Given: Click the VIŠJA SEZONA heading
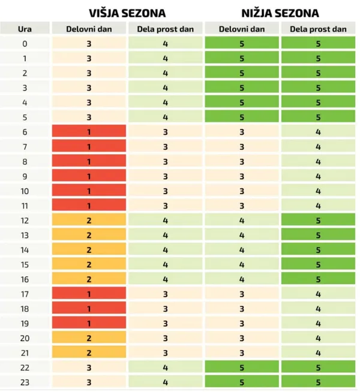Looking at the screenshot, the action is pos(127,13).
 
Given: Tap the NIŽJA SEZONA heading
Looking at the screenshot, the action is pos(280,13).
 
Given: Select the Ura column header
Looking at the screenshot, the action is pos(25,29).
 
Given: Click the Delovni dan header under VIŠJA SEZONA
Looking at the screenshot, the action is pos(89,29).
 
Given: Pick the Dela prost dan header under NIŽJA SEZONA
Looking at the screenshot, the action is pos(318,29).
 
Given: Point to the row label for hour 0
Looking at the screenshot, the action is pos(25,44).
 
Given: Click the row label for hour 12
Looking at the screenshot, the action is pos(25,221).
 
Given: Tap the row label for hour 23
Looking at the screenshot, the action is pos(25,382).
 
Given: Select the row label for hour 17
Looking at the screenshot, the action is pos(25,294).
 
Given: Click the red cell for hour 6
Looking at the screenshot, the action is pos(89,131).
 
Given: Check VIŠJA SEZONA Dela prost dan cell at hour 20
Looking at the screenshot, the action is pos(166,337).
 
